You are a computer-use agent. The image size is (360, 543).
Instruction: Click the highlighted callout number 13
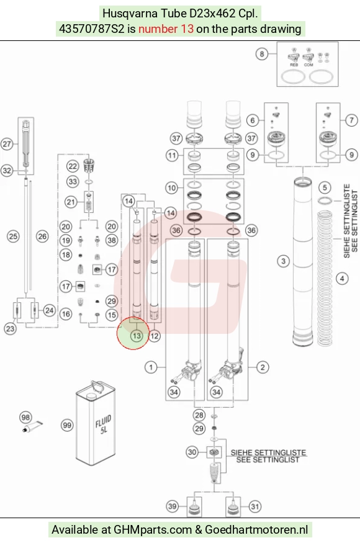pos(137,336)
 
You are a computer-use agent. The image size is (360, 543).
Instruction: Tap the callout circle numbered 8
pos(261,53)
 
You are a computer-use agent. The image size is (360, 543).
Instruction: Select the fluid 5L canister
pos(96,423)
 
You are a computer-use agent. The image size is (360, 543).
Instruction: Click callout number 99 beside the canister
pos(67,425)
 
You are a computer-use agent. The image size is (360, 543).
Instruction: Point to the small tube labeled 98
pos(32,426)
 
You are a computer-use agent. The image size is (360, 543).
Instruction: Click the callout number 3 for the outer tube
pos(283,261)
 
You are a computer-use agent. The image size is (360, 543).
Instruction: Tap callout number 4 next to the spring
pos(342,278)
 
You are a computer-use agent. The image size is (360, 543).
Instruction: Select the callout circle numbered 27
pos(7,144)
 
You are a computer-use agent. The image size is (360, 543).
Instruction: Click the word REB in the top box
pos(294,65)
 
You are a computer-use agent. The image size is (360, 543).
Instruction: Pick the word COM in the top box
pos(308,65)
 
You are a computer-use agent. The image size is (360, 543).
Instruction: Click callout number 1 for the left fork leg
pos(151,367)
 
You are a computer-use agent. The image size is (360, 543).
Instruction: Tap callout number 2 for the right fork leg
pos(263,367)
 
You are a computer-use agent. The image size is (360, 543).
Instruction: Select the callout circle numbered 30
pos(192,452)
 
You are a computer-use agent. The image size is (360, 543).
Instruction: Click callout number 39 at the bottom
pos(172,506)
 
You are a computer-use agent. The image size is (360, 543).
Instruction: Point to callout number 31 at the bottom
pos(254,506)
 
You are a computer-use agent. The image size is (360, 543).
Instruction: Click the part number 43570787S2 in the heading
pos(91,29)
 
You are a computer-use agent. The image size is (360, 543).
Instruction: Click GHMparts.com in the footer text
pos(153,530)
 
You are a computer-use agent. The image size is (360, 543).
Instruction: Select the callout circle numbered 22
pos(73,166)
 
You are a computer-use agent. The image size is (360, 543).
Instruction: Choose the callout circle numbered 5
pos(325,187)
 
